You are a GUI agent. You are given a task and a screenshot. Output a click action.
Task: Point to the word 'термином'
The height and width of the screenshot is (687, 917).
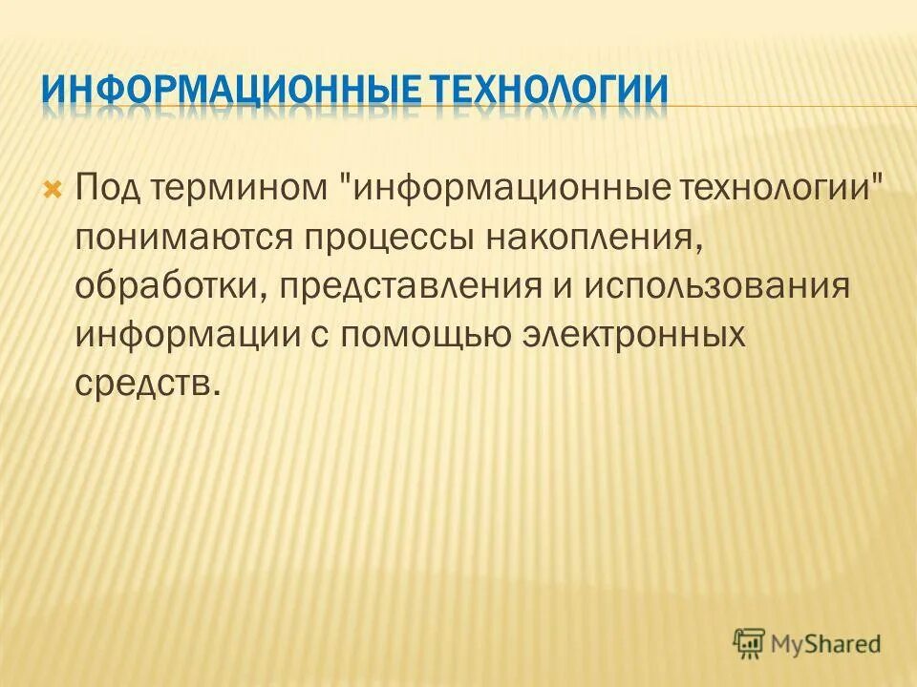pyautogui.click(x=246, y=184)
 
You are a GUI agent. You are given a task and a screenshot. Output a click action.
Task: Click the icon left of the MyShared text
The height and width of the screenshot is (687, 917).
pyautogui.click(x=750, y=642)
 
